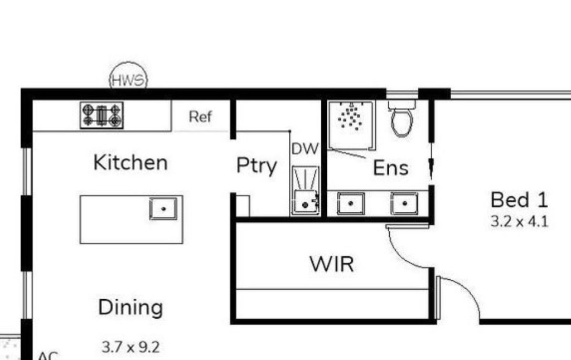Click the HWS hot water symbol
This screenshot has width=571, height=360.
[x=129, y=77]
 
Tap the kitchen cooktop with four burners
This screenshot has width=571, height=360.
[x=101, y=115]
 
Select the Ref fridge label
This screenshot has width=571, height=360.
[x=200, y=117]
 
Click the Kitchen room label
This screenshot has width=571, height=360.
[x=130, y=162]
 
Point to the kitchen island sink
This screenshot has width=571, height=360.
[x=163, y=208]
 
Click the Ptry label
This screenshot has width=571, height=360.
[x=257, y=166]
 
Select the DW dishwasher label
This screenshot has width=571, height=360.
[x=305, y=149]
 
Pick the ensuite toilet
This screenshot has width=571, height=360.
[x=402, y=118]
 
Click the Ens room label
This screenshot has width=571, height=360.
[x=391, y=168]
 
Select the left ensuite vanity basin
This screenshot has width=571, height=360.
[x=351, y=203]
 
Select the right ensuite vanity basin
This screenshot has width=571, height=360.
[x=405, y=203]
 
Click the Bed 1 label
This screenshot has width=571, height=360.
[x=519, y=200]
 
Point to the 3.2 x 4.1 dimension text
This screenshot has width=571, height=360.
[x=519, y=221]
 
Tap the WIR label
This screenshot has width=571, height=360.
[x=332, y=264]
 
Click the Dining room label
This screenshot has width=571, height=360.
[x=130, y=307]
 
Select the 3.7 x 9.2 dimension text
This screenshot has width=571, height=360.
[x=130, y=347]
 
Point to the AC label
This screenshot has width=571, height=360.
[x=48, y=356]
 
